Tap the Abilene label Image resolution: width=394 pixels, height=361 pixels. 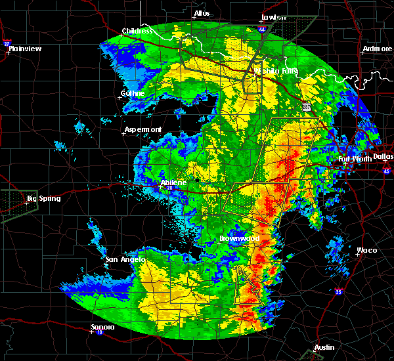click(x=174, y=182)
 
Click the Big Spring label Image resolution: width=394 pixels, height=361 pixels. click(x=43, y=198)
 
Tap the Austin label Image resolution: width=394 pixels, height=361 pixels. click(x=324, y=347)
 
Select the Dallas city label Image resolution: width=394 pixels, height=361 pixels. click(x=383, y=157)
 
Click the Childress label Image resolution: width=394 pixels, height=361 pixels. click(x=137, y=31)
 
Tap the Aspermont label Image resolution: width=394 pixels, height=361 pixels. click(x=142, y=129)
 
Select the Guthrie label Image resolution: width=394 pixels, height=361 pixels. click(x=133, y=93)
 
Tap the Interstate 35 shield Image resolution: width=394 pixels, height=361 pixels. click(x=338, y=291)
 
